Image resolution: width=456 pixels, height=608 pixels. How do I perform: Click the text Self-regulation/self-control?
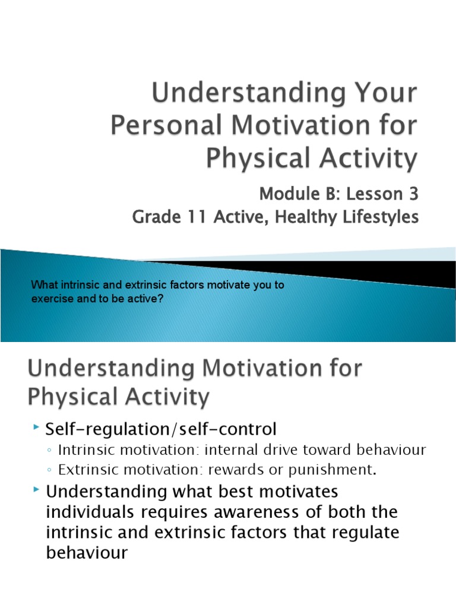tap(161, 428)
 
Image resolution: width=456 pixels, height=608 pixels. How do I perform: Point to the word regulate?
tap(360, 532)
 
